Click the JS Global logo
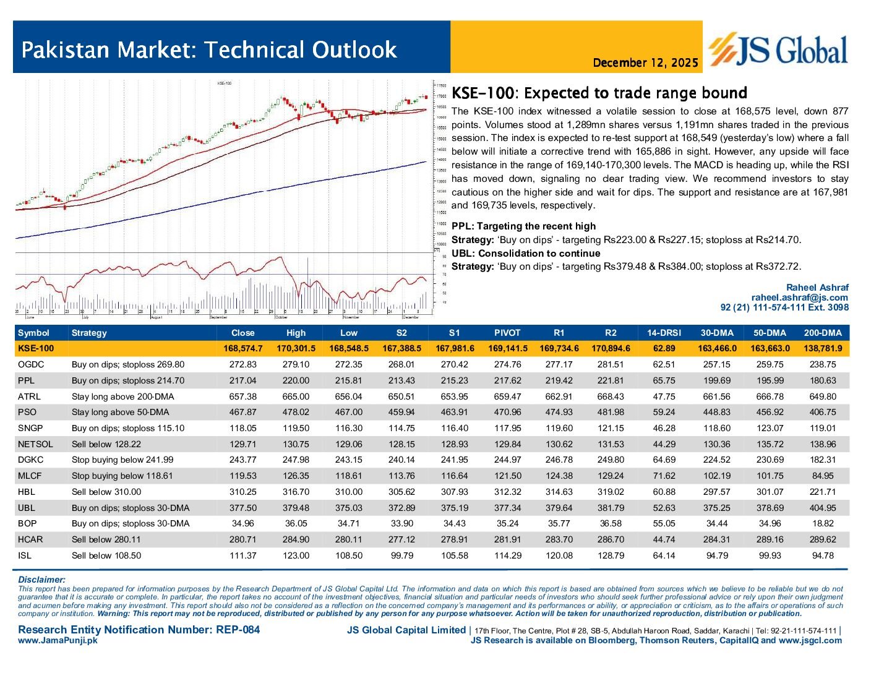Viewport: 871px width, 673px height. tap(778, 49)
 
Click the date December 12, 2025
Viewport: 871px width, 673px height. tap(645, 63)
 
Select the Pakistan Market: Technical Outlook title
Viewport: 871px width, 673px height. tap(208, 49)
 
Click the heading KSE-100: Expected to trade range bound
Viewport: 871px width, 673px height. tap(599, 93)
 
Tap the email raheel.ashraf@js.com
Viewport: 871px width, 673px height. tap(799, 298)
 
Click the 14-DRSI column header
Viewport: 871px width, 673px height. tap(664, 333)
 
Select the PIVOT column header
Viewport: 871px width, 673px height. tap(507, 333)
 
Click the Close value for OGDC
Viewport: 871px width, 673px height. tap(242, 365)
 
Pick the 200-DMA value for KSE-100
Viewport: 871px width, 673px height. tap(822, 349)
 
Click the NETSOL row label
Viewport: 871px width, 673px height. tap(35, 444)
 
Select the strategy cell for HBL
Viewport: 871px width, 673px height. tap(106, 492)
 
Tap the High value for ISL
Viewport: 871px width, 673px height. tap(296, 555)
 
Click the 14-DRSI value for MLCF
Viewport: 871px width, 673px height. tap(664, 476)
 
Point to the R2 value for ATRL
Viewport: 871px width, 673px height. tap(611, 397)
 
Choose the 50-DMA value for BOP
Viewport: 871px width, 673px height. tap(770, 523)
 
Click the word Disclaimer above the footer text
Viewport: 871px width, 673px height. tap(41, 580)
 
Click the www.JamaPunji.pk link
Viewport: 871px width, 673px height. tap(58, 641)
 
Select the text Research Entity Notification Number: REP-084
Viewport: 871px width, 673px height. tap(139, 630)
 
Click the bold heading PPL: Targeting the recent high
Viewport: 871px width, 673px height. tap(523, 226)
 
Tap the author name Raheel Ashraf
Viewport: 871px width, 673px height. tap(817, 288)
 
